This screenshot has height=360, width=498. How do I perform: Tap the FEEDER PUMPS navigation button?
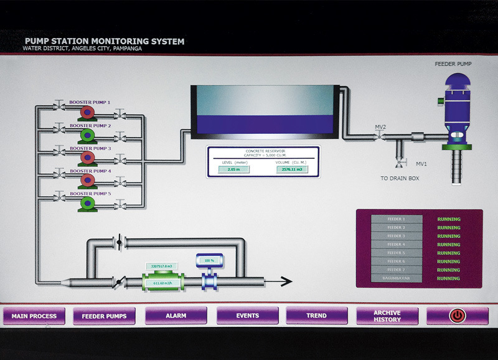point(104,316)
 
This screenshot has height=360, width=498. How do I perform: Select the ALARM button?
point(176,316)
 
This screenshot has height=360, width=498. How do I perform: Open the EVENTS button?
point(247,316)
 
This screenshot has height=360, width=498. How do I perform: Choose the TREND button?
point(316,316)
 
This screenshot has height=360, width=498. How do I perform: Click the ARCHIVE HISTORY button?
point(387,316)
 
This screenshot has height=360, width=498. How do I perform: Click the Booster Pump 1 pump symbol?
point(87,112)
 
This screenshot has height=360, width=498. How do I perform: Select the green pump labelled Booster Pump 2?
point(87,135)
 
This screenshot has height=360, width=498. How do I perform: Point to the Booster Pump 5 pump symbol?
point(87,202)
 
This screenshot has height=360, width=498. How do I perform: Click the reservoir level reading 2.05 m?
point(234,169)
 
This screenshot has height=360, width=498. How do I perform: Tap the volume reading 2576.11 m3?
point(292,169)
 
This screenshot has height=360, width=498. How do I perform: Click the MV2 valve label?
point(380,127)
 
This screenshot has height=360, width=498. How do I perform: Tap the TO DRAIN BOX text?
point(400,178)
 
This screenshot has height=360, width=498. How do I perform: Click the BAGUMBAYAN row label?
point(396,278)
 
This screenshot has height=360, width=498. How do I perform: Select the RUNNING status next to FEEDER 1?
point(449,219)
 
